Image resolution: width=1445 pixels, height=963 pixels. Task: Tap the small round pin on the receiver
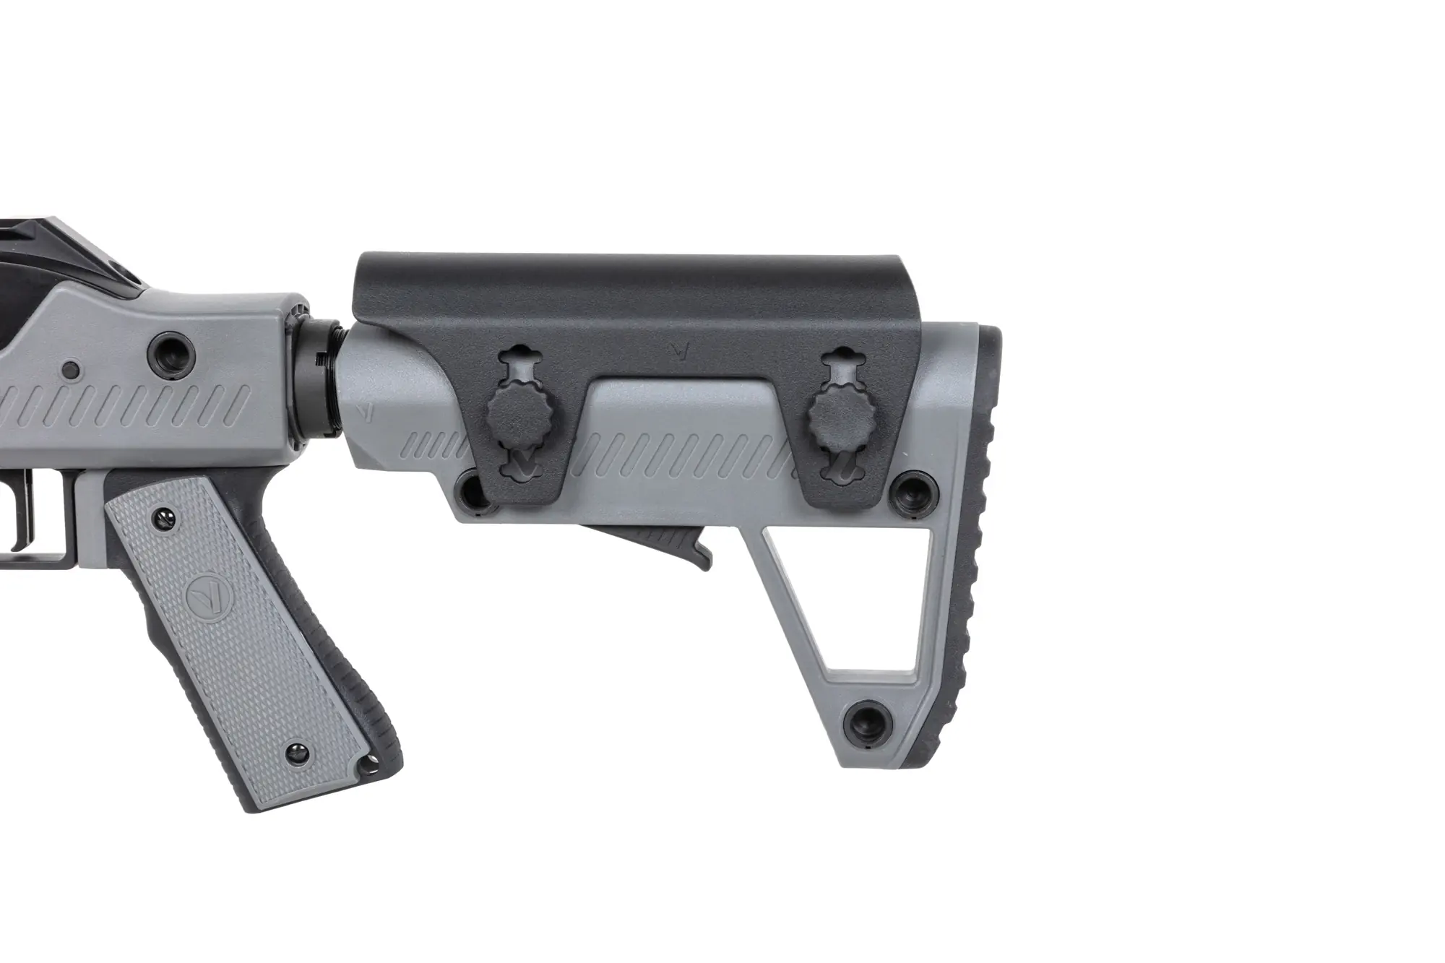(71, 371)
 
